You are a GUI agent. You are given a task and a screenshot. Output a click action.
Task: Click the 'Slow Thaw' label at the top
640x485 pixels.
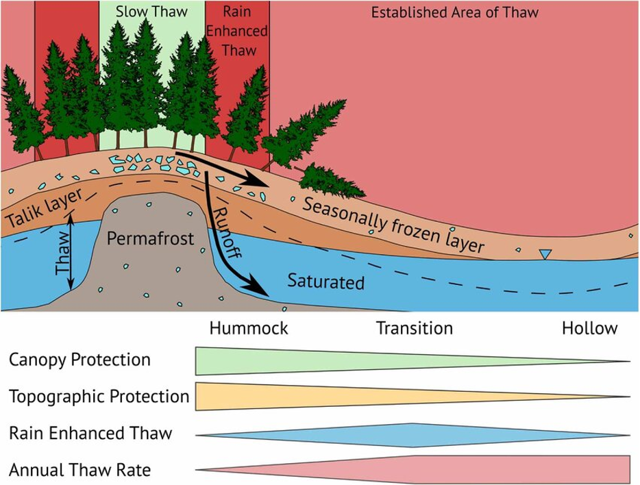(x=151, y=12)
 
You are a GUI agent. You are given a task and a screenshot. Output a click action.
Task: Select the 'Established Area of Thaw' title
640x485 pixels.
(x=454, y=12)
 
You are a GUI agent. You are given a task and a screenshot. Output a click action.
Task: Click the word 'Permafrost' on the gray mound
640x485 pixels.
(x=151, y=239)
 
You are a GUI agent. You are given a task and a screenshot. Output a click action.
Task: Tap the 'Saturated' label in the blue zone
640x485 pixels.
(x=325, y=281)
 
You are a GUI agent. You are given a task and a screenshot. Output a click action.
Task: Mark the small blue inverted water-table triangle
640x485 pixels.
(x=545, y=255)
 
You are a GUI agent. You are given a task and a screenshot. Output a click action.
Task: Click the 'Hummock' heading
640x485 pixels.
(x=248, y=328)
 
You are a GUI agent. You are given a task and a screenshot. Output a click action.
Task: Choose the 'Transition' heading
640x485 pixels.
(x=415, y=328)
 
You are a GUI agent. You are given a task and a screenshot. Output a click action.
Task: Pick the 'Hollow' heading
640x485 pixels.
(x=589, y=328)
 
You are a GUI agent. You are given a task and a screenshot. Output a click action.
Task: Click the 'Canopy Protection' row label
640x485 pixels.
(x=79, y=359)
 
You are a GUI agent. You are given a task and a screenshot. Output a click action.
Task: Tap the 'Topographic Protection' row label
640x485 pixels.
(x=99, y=396)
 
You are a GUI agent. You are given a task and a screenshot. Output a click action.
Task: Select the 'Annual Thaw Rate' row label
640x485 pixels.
(x=80, y=470)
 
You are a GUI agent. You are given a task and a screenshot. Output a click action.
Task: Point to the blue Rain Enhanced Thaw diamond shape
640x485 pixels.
(x=414, y=435)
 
